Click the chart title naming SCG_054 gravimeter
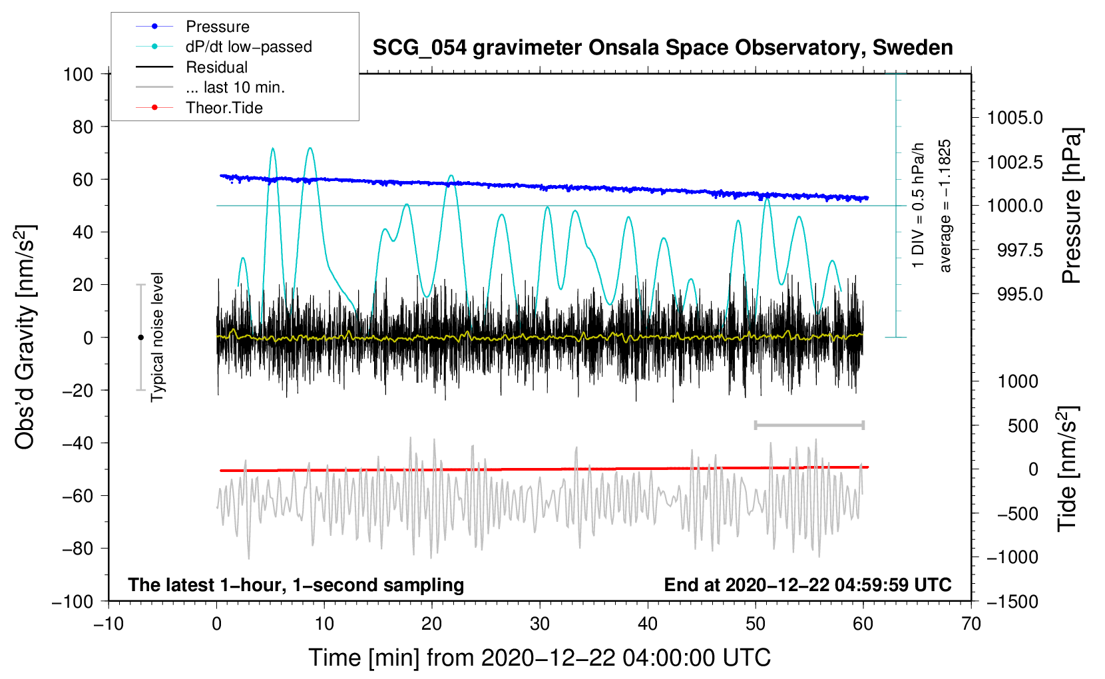click(x=662, y=48)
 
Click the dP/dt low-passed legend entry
click(x=248, y=47)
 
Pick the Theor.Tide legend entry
click(x=224, y=108)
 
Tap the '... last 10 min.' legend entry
click(x=235, y=87)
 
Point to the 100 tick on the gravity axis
click(x=78, y=74)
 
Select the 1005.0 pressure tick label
click(x=1014, y=118)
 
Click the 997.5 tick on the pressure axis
click(x=1019, y=250)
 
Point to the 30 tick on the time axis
click(x=540, y=624)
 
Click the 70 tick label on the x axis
click(x=971, y=624)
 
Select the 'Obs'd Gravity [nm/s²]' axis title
click(x=25, y=338)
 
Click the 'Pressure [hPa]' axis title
click(x=1071, y=206)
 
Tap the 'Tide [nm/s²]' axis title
click(x=1067, y=469)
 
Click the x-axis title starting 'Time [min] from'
click(x=540, y=658)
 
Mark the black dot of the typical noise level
click(x=140, y=338)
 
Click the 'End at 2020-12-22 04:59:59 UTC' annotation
click(x=807, y=585)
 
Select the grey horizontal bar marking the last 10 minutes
click(x=809, y=425)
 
